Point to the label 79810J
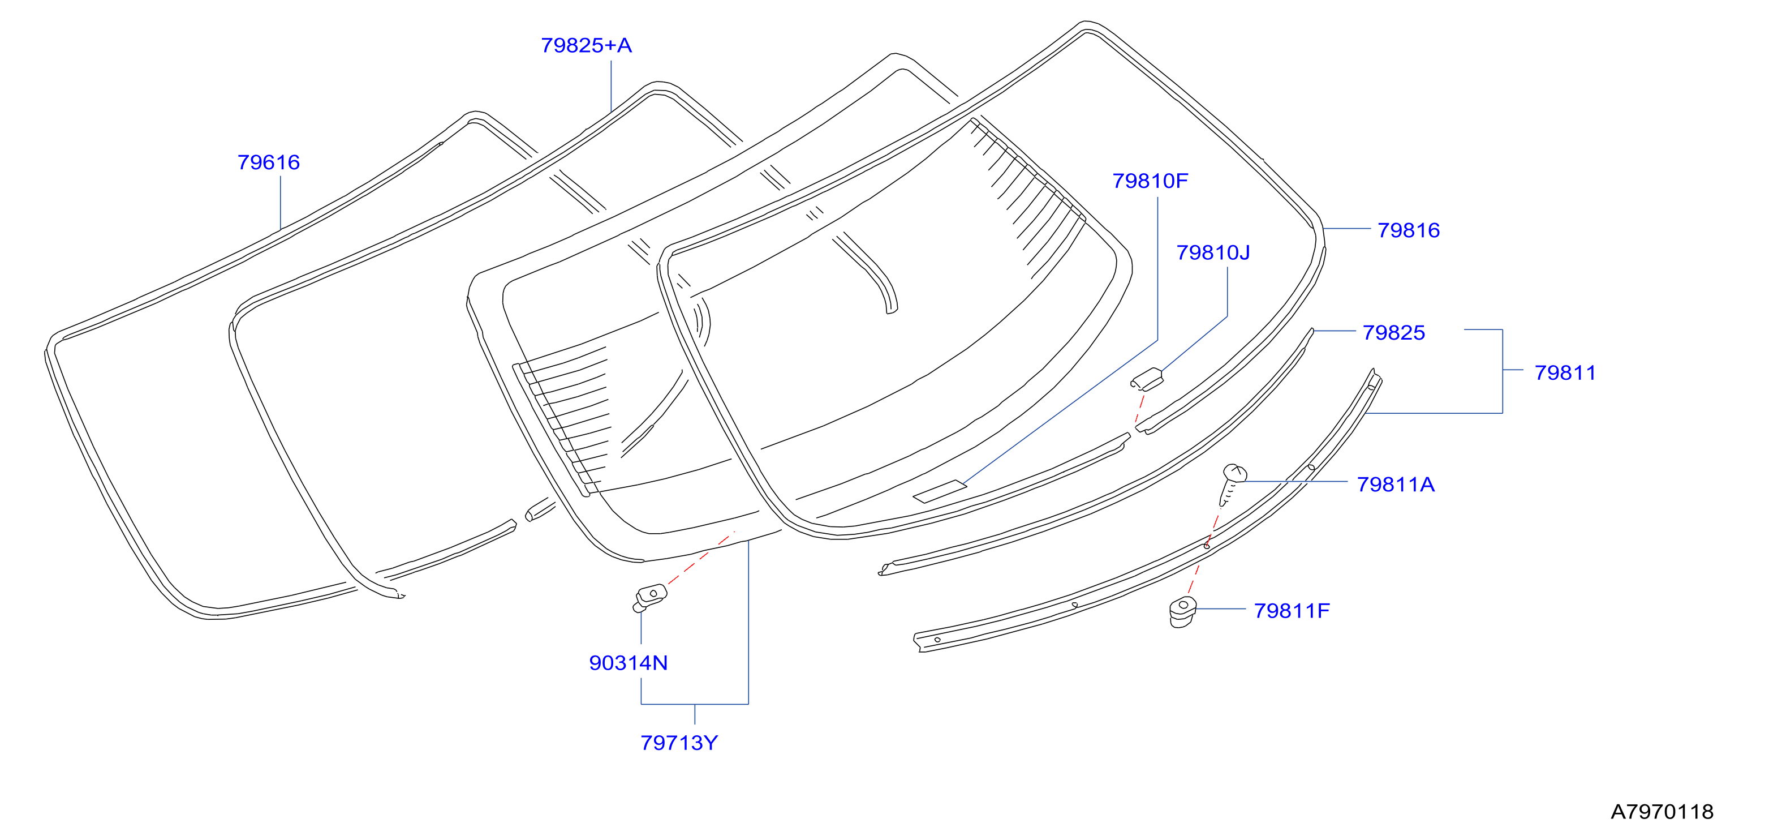point(1213,252)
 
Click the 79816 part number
point(1409,230)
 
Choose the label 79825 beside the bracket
point(1393,332)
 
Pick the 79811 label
point(1565,372)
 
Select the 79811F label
point(1292,610)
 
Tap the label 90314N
point(628,663)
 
